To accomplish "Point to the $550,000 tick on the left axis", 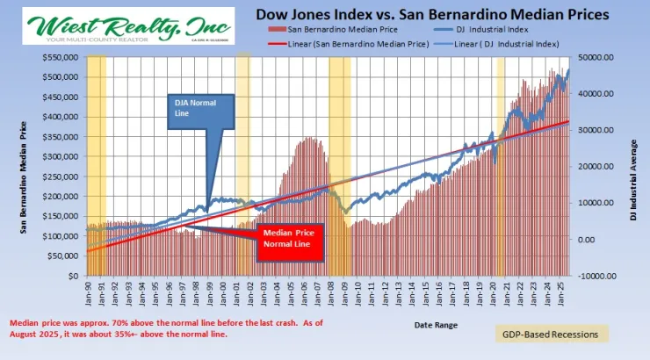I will coord(63,57).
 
